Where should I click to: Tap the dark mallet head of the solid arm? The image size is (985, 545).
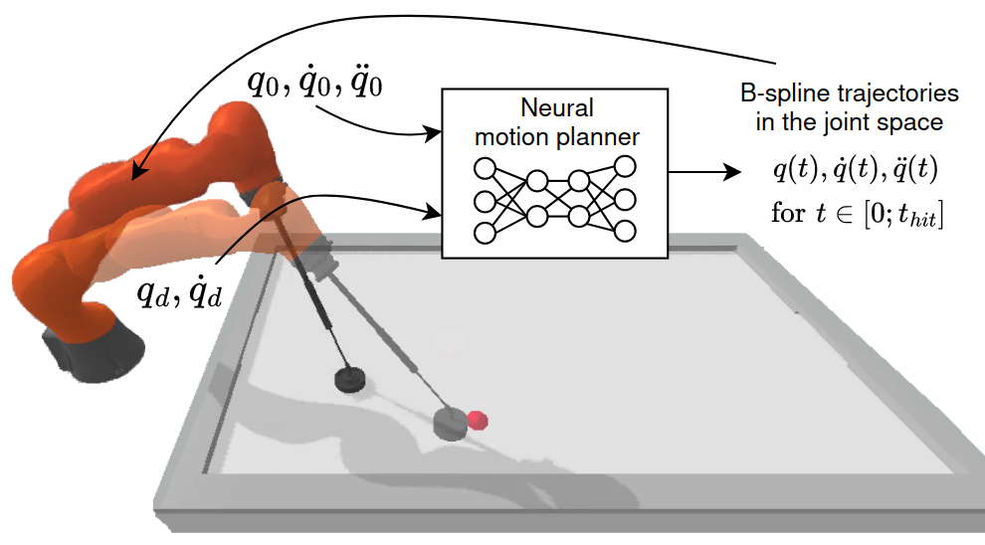[349, 379]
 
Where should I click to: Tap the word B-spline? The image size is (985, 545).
[780, 94]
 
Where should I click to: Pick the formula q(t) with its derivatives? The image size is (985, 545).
[855, 171]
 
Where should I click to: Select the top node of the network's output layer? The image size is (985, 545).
[625, 165]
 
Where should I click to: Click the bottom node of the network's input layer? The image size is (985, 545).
[486, 233]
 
